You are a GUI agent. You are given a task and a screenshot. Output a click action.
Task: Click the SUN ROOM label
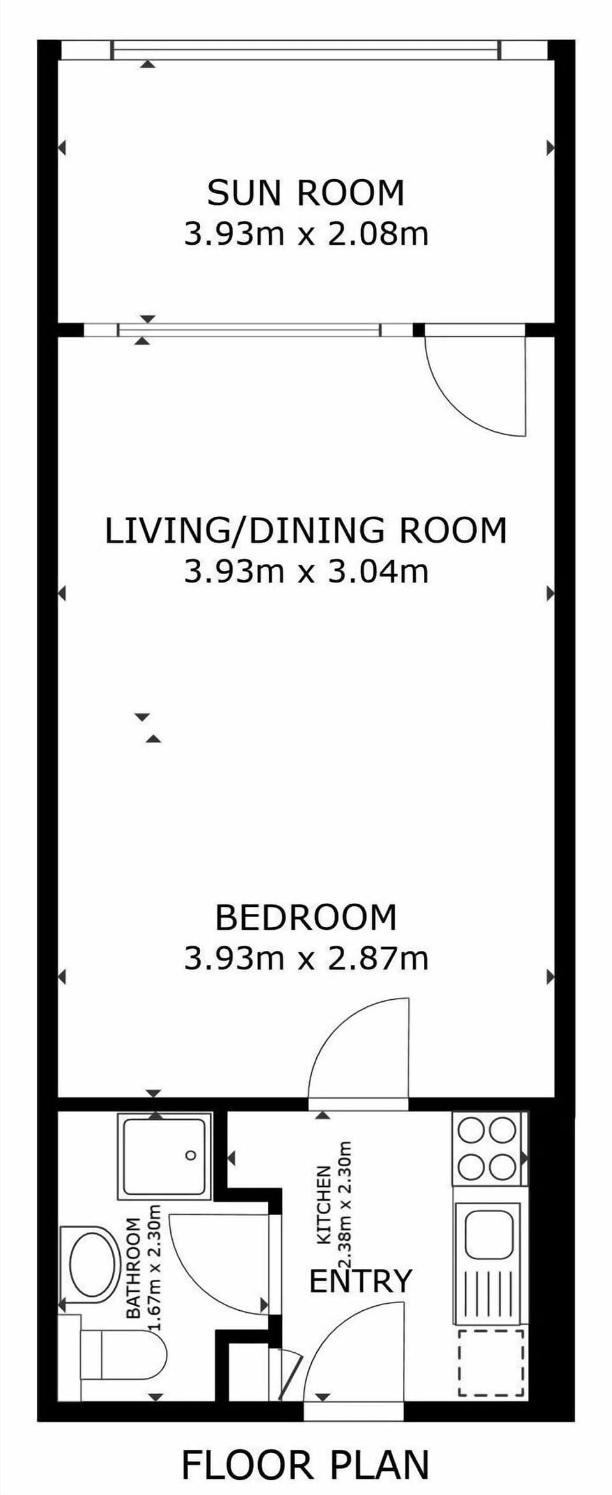(x=306, y=193)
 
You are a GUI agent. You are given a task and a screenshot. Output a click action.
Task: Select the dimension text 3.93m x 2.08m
(x=306, y=234)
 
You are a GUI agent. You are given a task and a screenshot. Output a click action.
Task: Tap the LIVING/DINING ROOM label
(x=306, y=530)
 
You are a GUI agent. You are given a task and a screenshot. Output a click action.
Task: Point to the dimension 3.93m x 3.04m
(x=306, y=571)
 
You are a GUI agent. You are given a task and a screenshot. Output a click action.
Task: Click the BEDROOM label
(x=306, y=918)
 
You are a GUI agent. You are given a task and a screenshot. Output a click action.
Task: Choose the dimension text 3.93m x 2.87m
(x=306, y=958)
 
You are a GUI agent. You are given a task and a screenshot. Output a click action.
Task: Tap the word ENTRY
(x=361, y=1282)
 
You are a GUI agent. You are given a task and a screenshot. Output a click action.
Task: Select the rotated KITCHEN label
(x=324, y=1204)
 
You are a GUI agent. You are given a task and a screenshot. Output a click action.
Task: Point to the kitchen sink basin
(x=488, y=1234)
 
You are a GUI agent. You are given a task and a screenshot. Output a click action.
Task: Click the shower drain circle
(x=191, y=1155)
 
